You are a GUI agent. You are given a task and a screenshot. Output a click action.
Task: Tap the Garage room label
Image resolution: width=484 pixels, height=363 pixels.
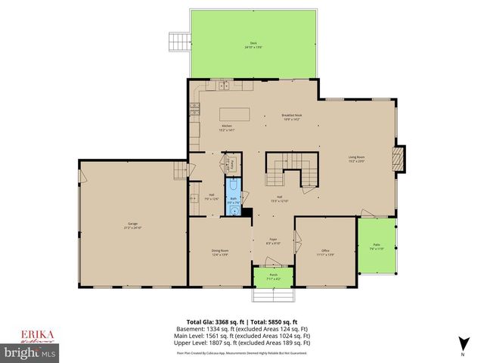133,226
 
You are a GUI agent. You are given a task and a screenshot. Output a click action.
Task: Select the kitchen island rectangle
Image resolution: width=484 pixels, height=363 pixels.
235,114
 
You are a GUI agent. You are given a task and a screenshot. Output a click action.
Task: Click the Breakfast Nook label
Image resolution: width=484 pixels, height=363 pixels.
271,117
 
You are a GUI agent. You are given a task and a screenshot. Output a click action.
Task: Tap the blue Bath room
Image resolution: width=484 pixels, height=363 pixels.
234,198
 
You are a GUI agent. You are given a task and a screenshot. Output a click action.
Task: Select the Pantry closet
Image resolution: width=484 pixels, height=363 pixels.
232,164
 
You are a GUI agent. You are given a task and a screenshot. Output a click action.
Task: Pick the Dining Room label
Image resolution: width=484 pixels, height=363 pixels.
220,253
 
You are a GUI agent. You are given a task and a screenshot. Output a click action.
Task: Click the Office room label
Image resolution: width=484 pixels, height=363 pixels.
325,253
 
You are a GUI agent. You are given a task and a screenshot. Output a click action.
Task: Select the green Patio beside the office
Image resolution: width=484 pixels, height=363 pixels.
377,247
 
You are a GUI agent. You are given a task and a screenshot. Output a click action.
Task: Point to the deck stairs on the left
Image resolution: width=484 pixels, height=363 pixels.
177,42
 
